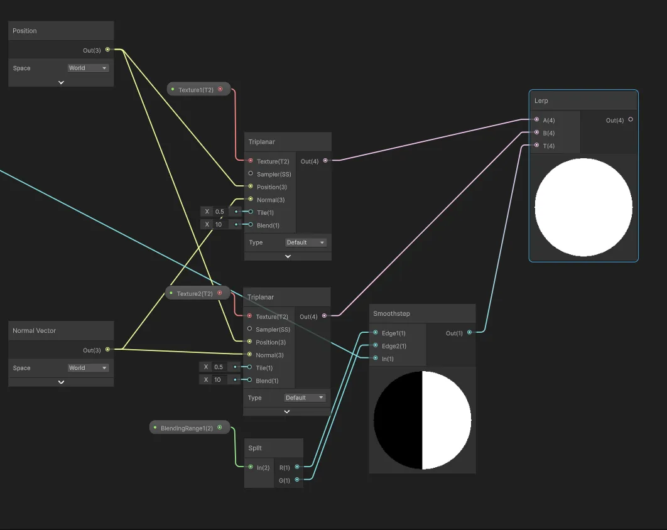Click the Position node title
[x=25, y=31]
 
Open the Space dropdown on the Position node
[x=88, y=68]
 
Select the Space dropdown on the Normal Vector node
[x=88, y=368]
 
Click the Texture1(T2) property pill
[x=196, y=90]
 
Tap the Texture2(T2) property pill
[x=195, y=293]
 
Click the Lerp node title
[x=541, y=100]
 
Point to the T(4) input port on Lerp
[x=536, y=146]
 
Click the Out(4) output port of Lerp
[x=630, y=120]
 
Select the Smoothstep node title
[x=391, y=313]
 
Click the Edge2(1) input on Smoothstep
[x=375, y=346]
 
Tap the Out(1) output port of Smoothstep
[x=469, y=333]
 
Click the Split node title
[x=255, y=448]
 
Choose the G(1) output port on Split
[x=296, y=480]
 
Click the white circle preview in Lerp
[x=583, y=207]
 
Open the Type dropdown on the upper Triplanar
[x=306, y=242]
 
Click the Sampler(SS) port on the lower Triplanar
[x=250, y=329]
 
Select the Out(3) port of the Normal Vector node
[x=107, y=350]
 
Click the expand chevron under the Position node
[x=61, y=82]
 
